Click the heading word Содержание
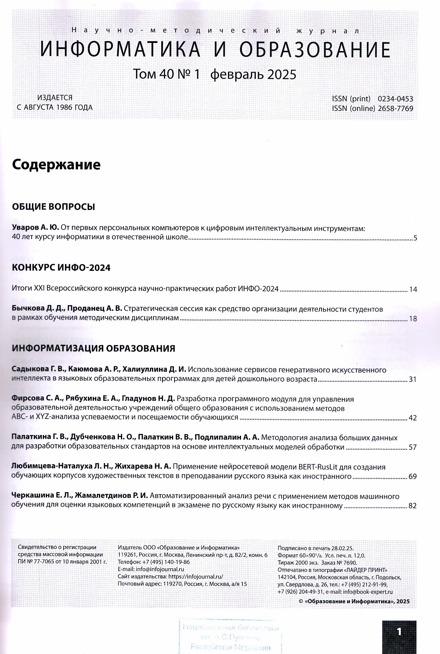click(56, 165)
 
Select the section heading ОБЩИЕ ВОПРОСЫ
click(53, 207)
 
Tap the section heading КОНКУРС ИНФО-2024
click(61, 267)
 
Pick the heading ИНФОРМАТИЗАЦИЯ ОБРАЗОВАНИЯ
click(93, 348)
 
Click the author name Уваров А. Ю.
click(35, 228)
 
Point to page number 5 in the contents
click(415, 238)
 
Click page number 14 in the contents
click(413, 289)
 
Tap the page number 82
click(412, 506)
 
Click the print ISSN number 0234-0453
click(395, 99)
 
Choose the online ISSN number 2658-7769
click(395, 108)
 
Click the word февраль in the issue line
click(237, 75)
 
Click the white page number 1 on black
click(399, 632)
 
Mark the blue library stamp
click(230, 637)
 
